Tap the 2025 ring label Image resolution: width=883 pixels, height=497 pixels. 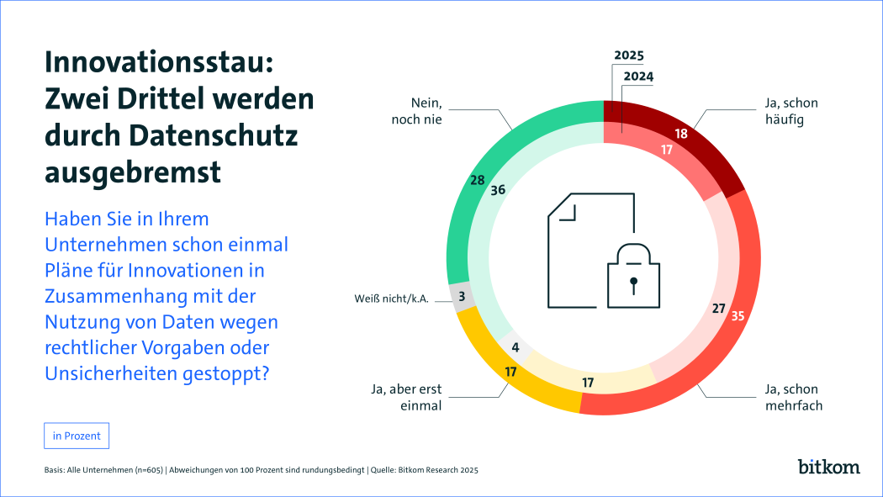click(628, 56)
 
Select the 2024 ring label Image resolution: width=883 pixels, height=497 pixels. click(637, 76)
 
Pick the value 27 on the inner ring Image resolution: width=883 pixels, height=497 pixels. click(718, 309)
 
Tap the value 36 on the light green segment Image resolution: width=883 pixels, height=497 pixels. click(498, 190)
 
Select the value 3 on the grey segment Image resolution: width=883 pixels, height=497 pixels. click(463, 297)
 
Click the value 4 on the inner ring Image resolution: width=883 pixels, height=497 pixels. click(515, 346)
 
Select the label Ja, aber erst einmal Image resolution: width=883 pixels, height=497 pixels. click(406, 396)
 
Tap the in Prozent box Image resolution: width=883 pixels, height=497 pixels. click(77, 436)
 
